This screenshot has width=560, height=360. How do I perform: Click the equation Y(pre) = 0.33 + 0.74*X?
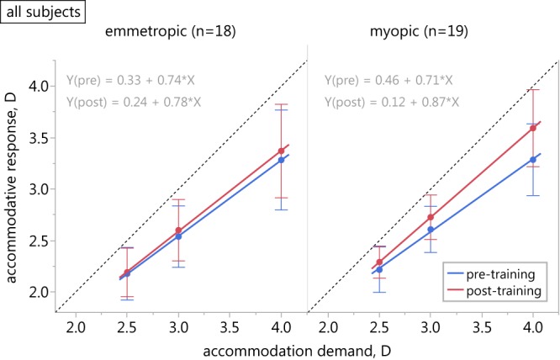[x=129, y=82]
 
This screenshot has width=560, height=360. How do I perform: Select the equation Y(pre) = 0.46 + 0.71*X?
[x=388, y=82]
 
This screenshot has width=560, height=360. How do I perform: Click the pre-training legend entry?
[x=495, y=274]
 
